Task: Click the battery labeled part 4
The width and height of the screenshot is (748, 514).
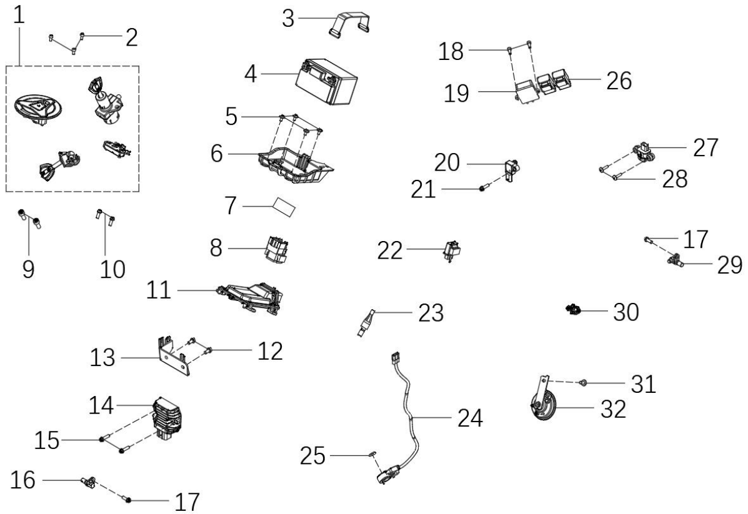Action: (327, 81)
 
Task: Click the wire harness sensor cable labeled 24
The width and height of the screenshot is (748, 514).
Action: (407, 420)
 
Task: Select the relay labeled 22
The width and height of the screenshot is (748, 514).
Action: (452, 251)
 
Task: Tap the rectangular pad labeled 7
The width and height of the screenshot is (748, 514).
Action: (284, 207)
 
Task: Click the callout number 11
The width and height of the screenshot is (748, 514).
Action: (158, 290)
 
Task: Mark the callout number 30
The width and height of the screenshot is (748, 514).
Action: (626, 312)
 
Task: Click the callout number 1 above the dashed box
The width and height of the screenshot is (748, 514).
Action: (19, 16)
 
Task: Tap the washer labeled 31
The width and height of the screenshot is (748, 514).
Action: (582, 382)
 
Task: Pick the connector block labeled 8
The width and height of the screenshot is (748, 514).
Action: (277, 249)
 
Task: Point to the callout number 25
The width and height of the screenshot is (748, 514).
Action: (312, 456)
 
